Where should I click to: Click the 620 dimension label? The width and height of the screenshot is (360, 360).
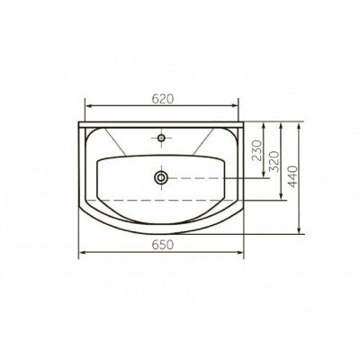[163, 99]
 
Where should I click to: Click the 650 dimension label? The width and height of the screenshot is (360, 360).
[163, 245]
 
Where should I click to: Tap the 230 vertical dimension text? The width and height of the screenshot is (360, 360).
[257, 150]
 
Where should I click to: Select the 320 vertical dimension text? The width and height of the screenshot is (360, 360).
[274, 161]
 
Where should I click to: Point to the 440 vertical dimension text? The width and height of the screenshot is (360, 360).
[292, 176]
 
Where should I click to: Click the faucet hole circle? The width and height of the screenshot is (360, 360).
[161, 138]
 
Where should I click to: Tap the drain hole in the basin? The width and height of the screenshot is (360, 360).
[161, 177]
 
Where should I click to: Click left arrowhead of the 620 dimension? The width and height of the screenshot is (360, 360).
[89, 105]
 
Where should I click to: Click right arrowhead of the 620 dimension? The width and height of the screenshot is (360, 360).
[234, 105]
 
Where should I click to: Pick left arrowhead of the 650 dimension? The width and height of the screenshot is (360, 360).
[82, 252]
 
